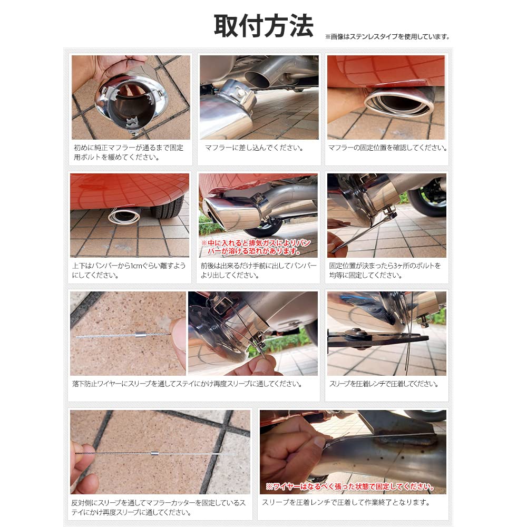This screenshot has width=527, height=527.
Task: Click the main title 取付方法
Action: pyautogui.click(x=263, y=26)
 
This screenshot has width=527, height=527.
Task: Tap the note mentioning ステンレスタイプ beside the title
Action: pyautogui.click(x=387, y=37)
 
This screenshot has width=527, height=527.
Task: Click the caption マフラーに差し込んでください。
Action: pyautogui.click(x=254, y=148)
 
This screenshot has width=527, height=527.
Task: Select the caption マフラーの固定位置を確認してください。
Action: pyautogui.click(x=387, y=148)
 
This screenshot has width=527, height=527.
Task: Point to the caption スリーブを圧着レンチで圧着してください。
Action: pyautogui.click(x=384, y=384)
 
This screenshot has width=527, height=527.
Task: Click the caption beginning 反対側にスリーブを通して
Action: pyautogui.click(x=158, y=507)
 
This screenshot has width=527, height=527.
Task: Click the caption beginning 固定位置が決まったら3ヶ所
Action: pyautogui.click(x=385, y=270)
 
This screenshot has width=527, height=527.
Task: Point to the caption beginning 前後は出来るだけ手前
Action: pyautogui.click(x=258, y=270)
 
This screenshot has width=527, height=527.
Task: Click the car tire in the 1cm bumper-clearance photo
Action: pyautogui.click(x=167, y=207)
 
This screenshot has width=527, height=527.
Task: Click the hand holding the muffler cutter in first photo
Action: pyautogui.click(x=95, y=71)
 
